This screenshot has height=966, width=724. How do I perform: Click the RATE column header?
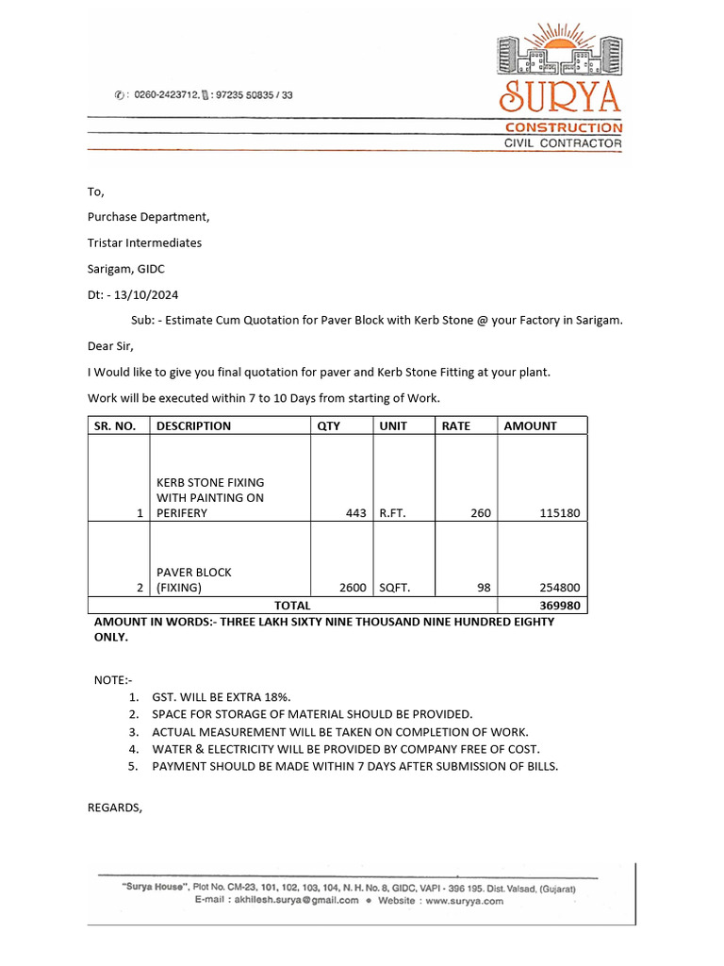point(456,426)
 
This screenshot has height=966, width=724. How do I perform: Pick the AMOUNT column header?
point(530,426)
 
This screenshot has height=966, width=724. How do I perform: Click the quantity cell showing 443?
point(355,514)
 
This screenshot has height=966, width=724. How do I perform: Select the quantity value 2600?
point(353,588)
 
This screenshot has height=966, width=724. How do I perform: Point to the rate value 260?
point(481,514)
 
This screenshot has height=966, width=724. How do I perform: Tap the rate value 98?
point(484,588)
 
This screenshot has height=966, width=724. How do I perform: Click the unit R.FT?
point(395,514)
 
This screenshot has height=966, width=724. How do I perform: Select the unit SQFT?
point(395,588)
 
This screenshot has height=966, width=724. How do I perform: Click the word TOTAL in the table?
point(292,606)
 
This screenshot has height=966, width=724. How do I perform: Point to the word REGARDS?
point(115,808)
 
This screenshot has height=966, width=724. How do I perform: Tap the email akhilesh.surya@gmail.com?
point(296,901)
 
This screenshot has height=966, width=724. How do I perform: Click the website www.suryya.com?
point(464,901)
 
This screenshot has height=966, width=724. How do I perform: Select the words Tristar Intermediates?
point(144,243)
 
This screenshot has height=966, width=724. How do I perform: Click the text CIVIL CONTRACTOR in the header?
point(563,143)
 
